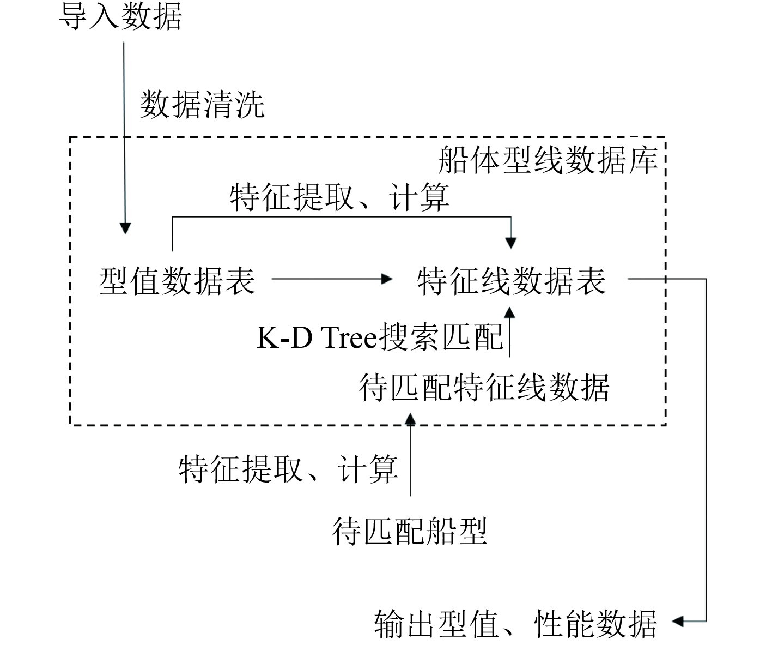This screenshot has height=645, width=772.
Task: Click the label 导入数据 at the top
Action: click(x=120, y=17)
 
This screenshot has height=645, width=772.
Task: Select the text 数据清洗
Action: click(x=202, y=104)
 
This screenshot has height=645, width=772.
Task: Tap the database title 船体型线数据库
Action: click(x=548, y=160)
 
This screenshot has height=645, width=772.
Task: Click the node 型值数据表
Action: click(x=177, y=281)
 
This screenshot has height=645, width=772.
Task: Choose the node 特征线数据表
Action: click(x=512, y=281)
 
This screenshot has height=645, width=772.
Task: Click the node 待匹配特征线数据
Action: click(x=484, y=388)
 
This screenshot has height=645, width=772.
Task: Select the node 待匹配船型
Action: click(x=409, y=531)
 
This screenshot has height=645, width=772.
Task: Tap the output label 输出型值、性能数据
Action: click(x=515, y=623)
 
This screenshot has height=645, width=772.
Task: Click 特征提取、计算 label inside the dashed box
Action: click(x=339, y=197)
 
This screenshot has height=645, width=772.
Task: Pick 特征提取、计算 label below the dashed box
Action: click(x=288, y=468)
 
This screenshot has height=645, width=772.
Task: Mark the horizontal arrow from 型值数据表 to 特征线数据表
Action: click(x=332, y=279)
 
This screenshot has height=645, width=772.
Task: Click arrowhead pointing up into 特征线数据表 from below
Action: click(x=509, y=312)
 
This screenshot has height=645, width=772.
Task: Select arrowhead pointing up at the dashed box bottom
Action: click(x=410, y=419)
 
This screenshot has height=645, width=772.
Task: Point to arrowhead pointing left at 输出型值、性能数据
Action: click(x=679, y=620)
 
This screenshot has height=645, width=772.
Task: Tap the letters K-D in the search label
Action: click(x=284, y=338)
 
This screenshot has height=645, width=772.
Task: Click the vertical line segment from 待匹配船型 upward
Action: click(x=410, y=463)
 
